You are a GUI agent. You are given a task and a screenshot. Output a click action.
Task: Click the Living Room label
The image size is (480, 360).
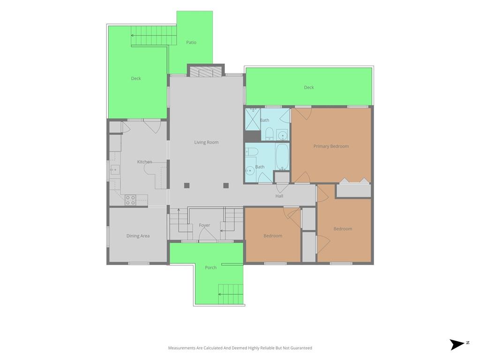coord(206,142)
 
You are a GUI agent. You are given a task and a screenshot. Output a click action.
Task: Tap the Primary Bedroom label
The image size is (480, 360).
coord(331,146)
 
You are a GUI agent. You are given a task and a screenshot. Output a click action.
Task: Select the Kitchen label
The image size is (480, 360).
coord(144,162)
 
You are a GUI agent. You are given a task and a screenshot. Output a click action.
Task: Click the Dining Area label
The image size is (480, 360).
coord(138,236)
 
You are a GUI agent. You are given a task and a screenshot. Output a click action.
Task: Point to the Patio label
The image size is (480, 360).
coord(191,42)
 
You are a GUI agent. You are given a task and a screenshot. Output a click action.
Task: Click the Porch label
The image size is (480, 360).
coord(210,268)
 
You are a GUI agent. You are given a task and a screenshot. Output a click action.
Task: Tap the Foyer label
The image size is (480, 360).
coord(204,225)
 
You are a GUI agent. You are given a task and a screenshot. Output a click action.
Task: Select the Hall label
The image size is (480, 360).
coord(279,196)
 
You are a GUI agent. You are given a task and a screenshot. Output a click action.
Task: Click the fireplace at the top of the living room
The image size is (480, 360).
coord(206,71)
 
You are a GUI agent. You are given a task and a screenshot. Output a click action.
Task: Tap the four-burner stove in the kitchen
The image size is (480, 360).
coord(130,200)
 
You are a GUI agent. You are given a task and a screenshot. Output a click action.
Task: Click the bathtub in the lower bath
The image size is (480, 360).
coord(282,157)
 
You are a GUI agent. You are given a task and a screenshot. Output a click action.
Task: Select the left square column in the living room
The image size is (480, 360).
coord(187,185)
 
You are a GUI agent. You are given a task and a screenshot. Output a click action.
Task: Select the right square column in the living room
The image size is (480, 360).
coord(226,185)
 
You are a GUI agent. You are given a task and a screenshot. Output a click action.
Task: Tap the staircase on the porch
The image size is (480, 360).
coord(231,294)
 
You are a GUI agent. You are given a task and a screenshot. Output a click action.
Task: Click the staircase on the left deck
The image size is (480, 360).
coord(154,36)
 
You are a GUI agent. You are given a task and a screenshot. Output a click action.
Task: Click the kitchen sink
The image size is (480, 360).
coord(115,169)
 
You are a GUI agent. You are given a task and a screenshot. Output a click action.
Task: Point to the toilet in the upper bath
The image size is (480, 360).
coord(270,134)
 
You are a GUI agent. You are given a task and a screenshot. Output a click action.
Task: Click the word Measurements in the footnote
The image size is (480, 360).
coord(182,348)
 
